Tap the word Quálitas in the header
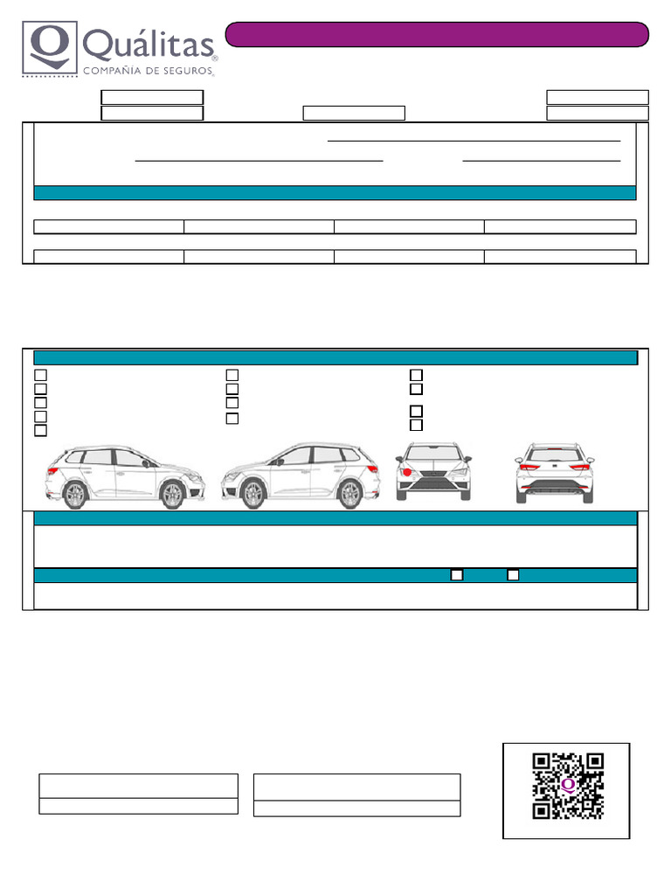(x=149, y=45)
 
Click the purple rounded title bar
(x=437, y=34)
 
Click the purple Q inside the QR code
(x=569, y=785)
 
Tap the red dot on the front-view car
(x=407, y=472)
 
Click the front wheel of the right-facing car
(x=173, y=496)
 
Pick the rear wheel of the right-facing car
(x=76, y=496)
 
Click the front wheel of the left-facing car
(x=253, y=495)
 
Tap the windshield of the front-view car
(x=433, y=454)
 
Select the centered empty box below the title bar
(x=354, y=113)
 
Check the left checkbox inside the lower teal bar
(x=456, y=574)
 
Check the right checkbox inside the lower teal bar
(x=514, y=574)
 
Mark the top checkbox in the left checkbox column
(x=40, y=375)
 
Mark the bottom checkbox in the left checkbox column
(x=40, y=431)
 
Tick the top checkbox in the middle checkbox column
(x=232, y=375)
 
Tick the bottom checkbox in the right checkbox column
(x=417, y=425)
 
